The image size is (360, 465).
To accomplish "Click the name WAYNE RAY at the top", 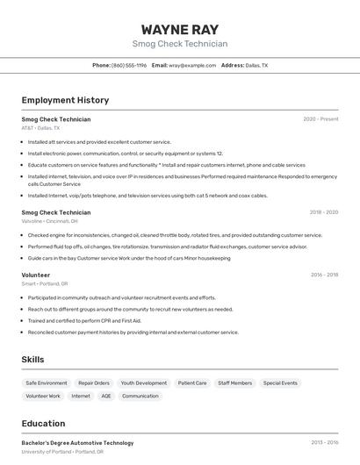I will pyautogui.click(x=180, y=29).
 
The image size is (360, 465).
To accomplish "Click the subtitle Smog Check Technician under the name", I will pyautogui.click(x=180, y=44).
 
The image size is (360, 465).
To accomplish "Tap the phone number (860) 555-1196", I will pyautogui.click(x=129, y=65).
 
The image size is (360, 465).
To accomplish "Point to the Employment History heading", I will pyautogui.click(x=65, y=100).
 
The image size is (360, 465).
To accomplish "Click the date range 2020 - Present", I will pyautogui.click(x=320, y=119).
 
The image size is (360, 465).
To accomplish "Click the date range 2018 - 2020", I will pyautogui.click(x=323, y=212).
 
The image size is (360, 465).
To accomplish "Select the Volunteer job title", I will pyautogui.click(x=36, y=275).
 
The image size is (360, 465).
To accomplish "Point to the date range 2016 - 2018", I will pyautogui.click(x=324, y=275).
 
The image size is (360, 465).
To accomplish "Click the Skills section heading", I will pyautogui.click(x=32, y=360).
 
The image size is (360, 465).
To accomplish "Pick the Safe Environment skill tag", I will pyautogui.click(x=47, y=383).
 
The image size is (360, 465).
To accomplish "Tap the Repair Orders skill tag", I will pyautogui.click(x=94, y=383).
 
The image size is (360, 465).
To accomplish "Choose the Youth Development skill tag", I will pyautogui.click(x=144, y=383).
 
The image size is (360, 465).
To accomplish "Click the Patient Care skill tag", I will pyautogui.click(x=192, y=383).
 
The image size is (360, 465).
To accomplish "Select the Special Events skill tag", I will pyautogui.click(x=280, y=383).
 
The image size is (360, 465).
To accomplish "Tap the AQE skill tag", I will pyautogui.click(x=106, y=397).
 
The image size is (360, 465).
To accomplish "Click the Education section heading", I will pyautogui.click(x=43, y=423).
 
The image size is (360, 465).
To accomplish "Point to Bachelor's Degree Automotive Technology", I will pyautogui.click(x=77, y=443).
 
